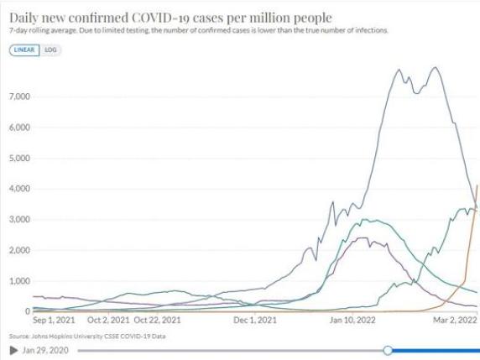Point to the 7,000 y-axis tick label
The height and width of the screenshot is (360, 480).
click(x=18, y=97)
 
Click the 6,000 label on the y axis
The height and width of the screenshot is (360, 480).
click(x=18, y=128)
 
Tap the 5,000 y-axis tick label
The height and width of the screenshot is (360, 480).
click(x=18, y=158)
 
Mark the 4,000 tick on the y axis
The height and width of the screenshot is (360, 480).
click(x=18, y=189)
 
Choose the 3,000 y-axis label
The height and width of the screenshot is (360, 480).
click(x=18, y=219)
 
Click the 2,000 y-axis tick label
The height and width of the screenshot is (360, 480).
click(x=18, y=250)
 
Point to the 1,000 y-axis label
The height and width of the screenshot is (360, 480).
click(x=18, y=281)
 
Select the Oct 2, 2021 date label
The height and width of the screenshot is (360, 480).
click(x=108, y=320)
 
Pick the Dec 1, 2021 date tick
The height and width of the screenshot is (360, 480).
click(x=254, y=320)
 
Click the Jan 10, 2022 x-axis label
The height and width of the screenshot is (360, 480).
click(x=351, y=320)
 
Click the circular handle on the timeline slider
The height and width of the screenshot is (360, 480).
click(x=388, y=349)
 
